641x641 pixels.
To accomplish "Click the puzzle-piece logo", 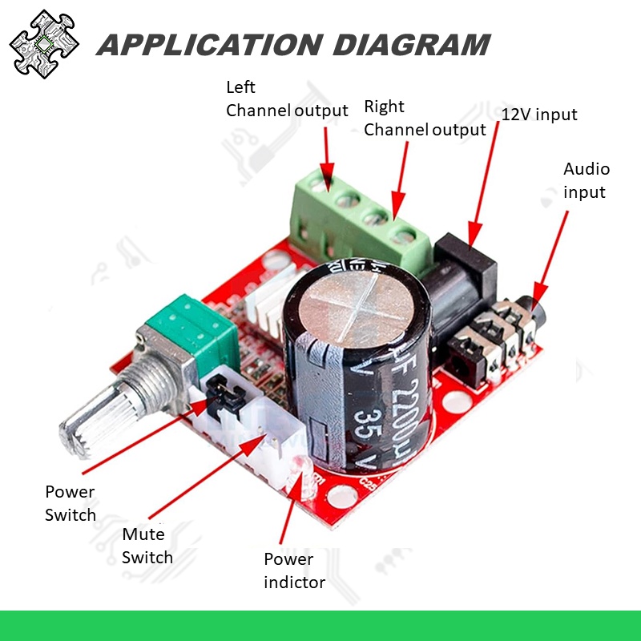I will coord(44,44).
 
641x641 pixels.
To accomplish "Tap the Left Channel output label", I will coord(287,99).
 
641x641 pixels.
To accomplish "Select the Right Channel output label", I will coord(425,118).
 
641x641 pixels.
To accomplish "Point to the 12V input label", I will coord(539,115).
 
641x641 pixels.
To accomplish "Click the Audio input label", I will coord(587,180).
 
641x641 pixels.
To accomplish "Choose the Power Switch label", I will coord(71,503).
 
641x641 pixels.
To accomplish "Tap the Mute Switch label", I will coord(147,545).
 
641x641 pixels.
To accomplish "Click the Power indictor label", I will coord(294,570).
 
